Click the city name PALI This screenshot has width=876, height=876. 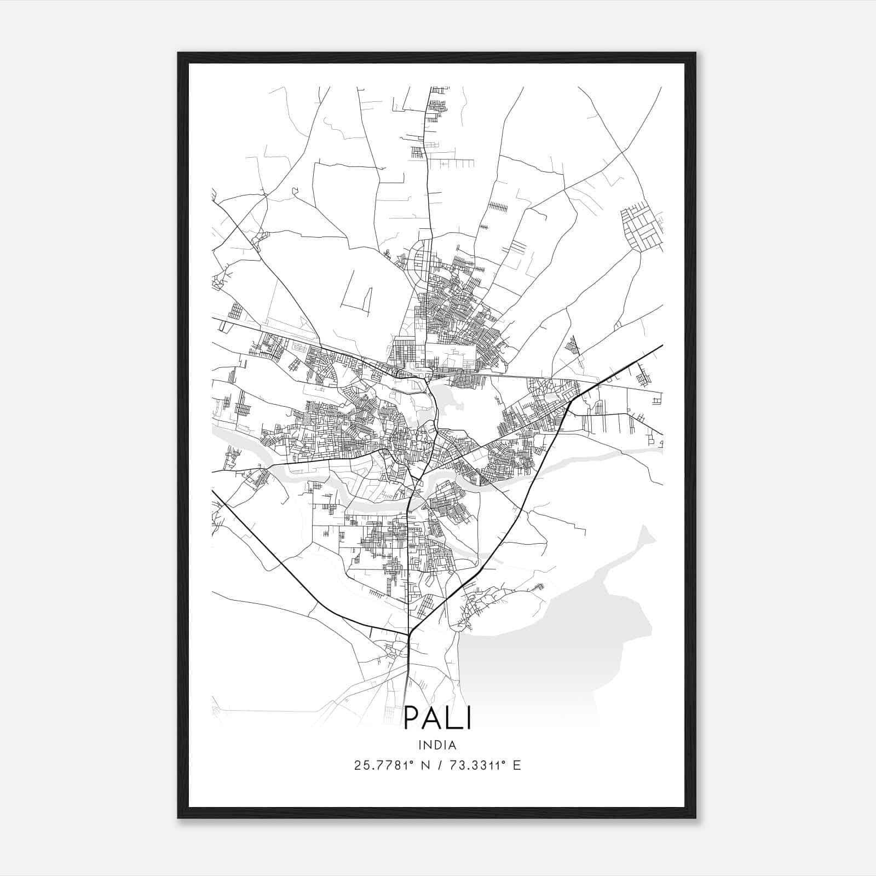pyautogui.click(x=437, y=718)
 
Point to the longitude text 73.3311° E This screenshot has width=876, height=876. pyautogui.click(x=485, y=765)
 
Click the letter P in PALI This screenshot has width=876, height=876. pyautogui.click(x=412, y=718)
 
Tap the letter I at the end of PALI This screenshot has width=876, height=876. pyautogui.click(x=469, y=718)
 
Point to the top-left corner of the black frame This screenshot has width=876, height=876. pyautogui.click(x=179, y=54)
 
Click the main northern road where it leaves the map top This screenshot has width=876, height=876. pyautogui.click(x=429, y=89)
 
